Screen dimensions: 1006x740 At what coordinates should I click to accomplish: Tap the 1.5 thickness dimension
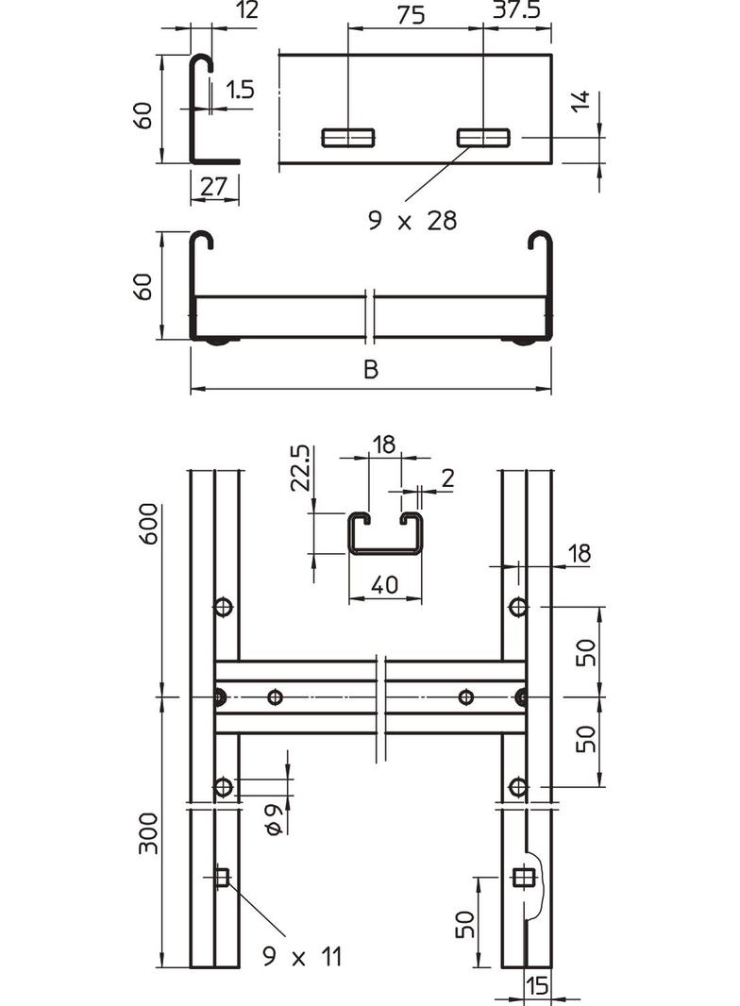[x=241, y=90]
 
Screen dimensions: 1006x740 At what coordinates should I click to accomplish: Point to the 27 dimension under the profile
[x=214, y=187]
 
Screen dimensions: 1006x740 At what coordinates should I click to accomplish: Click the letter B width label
[x=371, y=370]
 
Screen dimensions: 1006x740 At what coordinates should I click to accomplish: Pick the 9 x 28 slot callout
[x=412, y=221]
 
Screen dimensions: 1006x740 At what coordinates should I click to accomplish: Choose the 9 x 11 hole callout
[x=301, y=958]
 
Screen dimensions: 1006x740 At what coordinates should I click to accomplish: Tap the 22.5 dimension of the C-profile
[x=300, y=465]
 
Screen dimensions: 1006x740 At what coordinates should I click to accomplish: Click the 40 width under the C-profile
[x=384, y=586]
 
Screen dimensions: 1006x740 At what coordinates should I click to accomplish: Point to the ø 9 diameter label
[x=274, y=818]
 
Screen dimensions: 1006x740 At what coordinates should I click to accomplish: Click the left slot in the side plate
[x=347, y=138]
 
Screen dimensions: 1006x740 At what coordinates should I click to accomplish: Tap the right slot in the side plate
[x=482, y=138]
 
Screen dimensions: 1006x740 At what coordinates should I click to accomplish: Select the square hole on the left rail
[x=221, y=879]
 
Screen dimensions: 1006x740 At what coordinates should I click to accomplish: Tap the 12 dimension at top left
[x=223, y=10]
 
